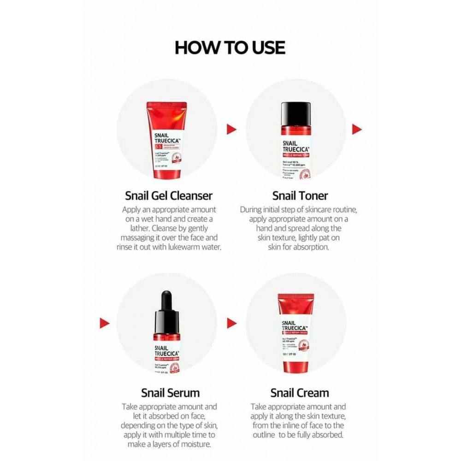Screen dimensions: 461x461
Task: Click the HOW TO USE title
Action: pyautogui.click(x=230, y=47)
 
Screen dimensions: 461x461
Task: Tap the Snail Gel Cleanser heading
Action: pyautogui.click(x=169, y=195)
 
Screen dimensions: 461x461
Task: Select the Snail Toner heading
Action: pyautogui.click(x=300, y=195)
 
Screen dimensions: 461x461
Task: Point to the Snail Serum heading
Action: pyautogui.click(x=170, y=393)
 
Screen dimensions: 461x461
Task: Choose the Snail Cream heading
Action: pyautogui.click(x=300, y=393)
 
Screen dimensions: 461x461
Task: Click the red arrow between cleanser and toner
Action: pyautogui.click(x=231, y=129)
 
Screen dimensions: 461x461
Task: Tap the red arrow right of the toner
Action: pyautogui.click(x=356, y=129)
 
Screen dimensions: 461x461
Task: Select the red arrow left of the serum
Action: pyautogui.click(x=105, y=322)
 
